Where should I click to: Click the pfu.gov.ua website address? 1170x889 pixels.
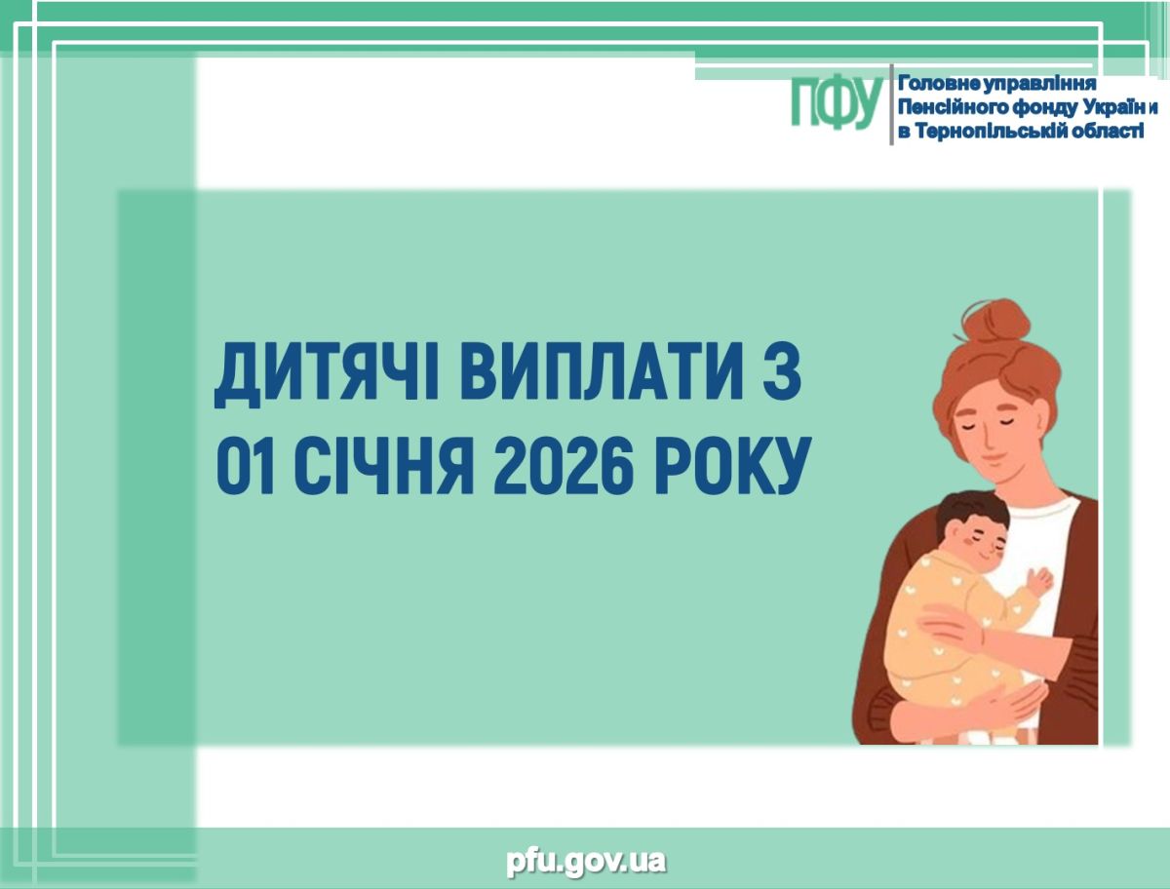coord(586,862)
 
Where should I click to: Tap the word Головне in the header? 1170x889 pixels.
coord(937,84)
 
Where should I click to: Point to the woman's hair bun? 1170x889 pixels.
coord(996,322)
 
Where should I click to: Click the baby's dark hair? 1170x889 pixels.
coord(971,512)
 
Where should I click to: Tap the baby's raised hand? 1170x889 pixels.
coord(1039,582)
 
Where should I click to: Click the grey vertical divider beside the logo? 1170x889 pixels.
coord(891,104)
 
